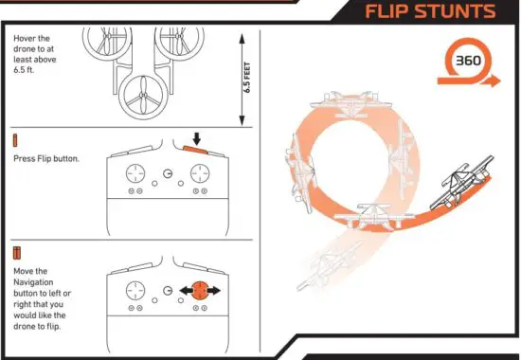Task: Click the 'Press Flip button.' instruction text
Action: click(46, 158)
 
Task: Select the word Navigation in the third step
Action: click(40, 282)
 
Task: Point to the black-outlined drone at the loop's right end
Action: click(457, 189)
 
